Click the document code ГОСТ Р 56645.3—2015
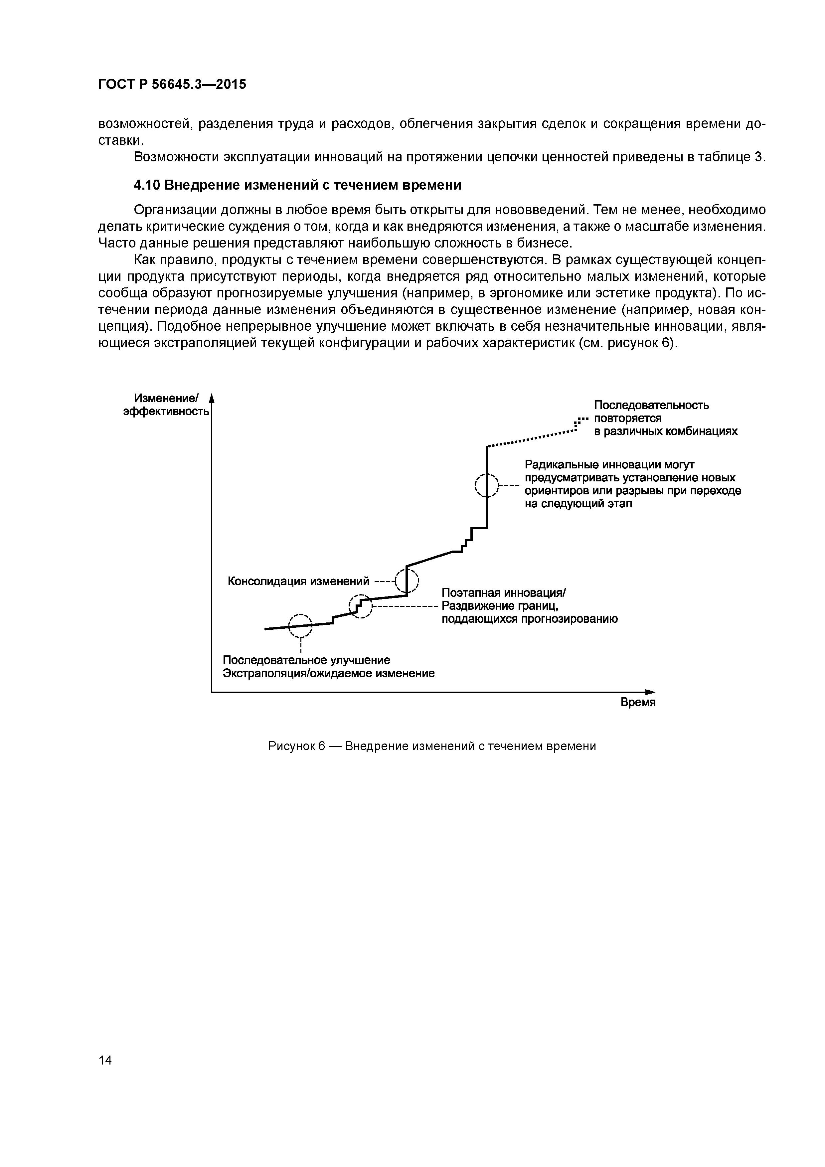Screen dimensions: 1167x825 point(172,84)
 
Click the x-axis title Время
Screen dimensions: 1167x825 point(638,703)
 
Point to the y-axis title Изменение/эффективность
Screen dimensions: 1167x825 point(166,405)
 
